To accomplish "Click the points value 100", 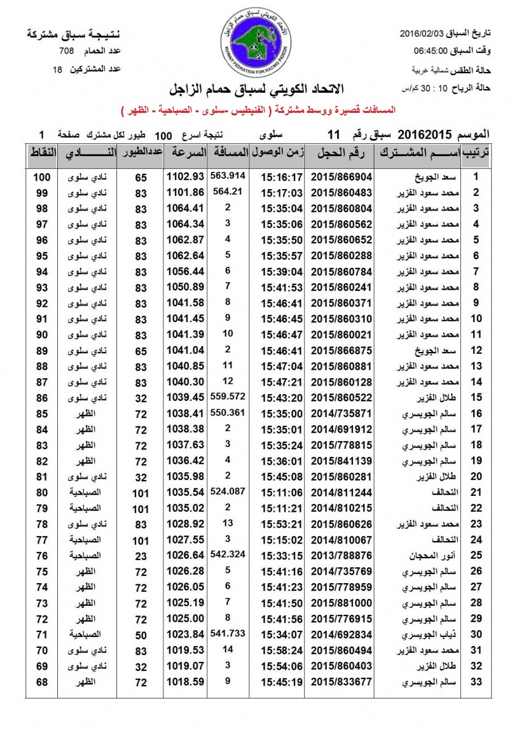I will pyautogui.click(x=41, y=177).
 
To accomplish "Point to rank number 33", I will pyautogui.click(x=477, y=682).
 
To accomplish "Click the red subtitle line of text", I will pyautogui.click(x=259, y=110).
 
